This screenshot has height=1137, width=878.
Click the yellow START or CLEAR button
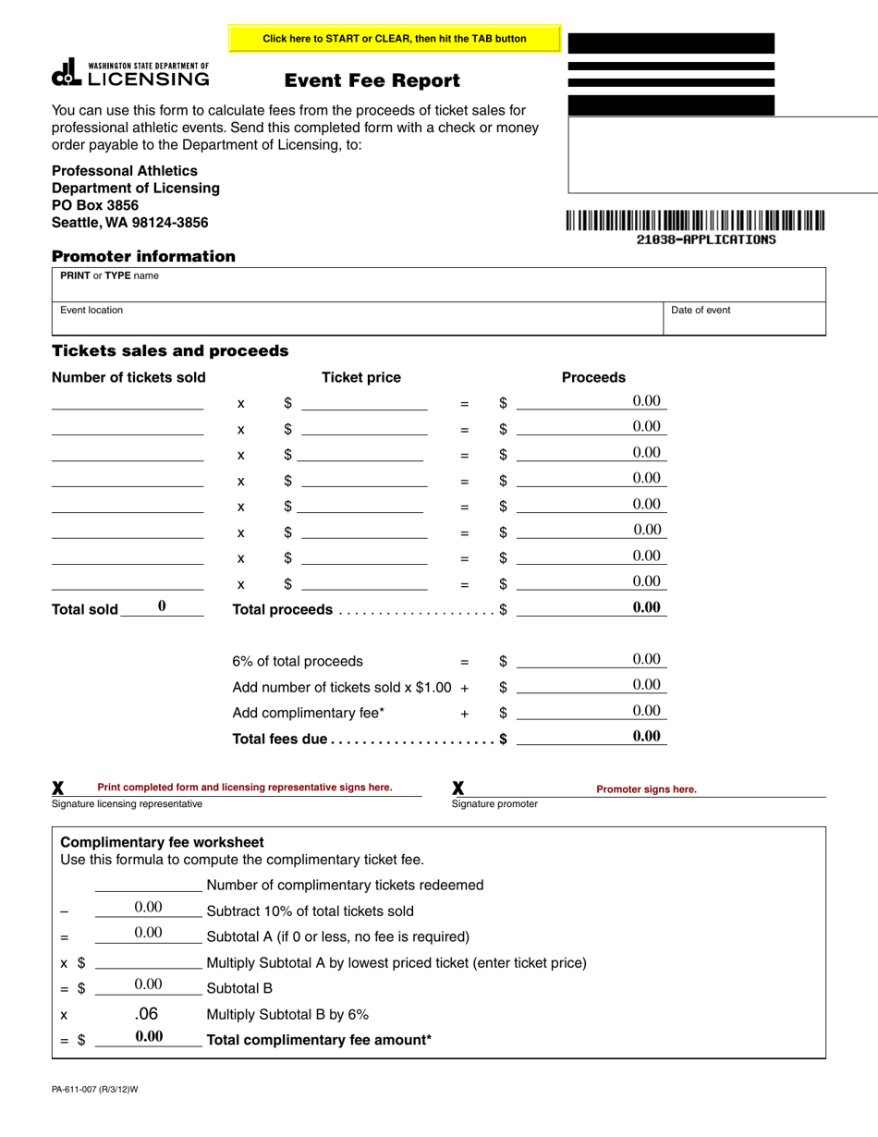coord(395,39)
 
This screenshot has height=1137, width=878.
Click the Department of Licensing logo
coord(130,74)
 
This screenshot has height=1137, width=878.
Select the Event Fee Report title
coord(372,81)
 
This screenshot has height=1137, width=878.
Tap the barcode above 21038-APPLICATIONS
coord(695,220)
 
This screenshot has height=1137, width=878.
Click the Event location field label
coord(91,311)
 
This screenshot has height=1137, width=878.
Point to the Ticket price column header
coord(360,377)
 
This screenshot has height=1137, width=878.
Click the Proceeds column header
coord(593,377)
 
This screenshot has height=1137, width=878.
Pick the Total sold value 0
coord(162,606)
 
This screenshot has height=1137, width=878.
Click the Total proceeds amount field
coord(591,608)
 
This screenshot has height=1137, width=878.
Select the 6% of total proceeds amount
coord(591,660)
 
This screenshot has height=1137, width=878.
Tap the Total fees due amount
coord(591,737)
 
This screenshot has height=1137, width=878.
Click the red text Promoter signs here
coord(646,789)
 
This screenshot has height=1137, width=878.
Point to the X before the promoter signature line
coord(458,789)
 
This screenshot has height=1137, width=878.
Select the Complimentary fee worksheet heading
coord(162,842)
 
